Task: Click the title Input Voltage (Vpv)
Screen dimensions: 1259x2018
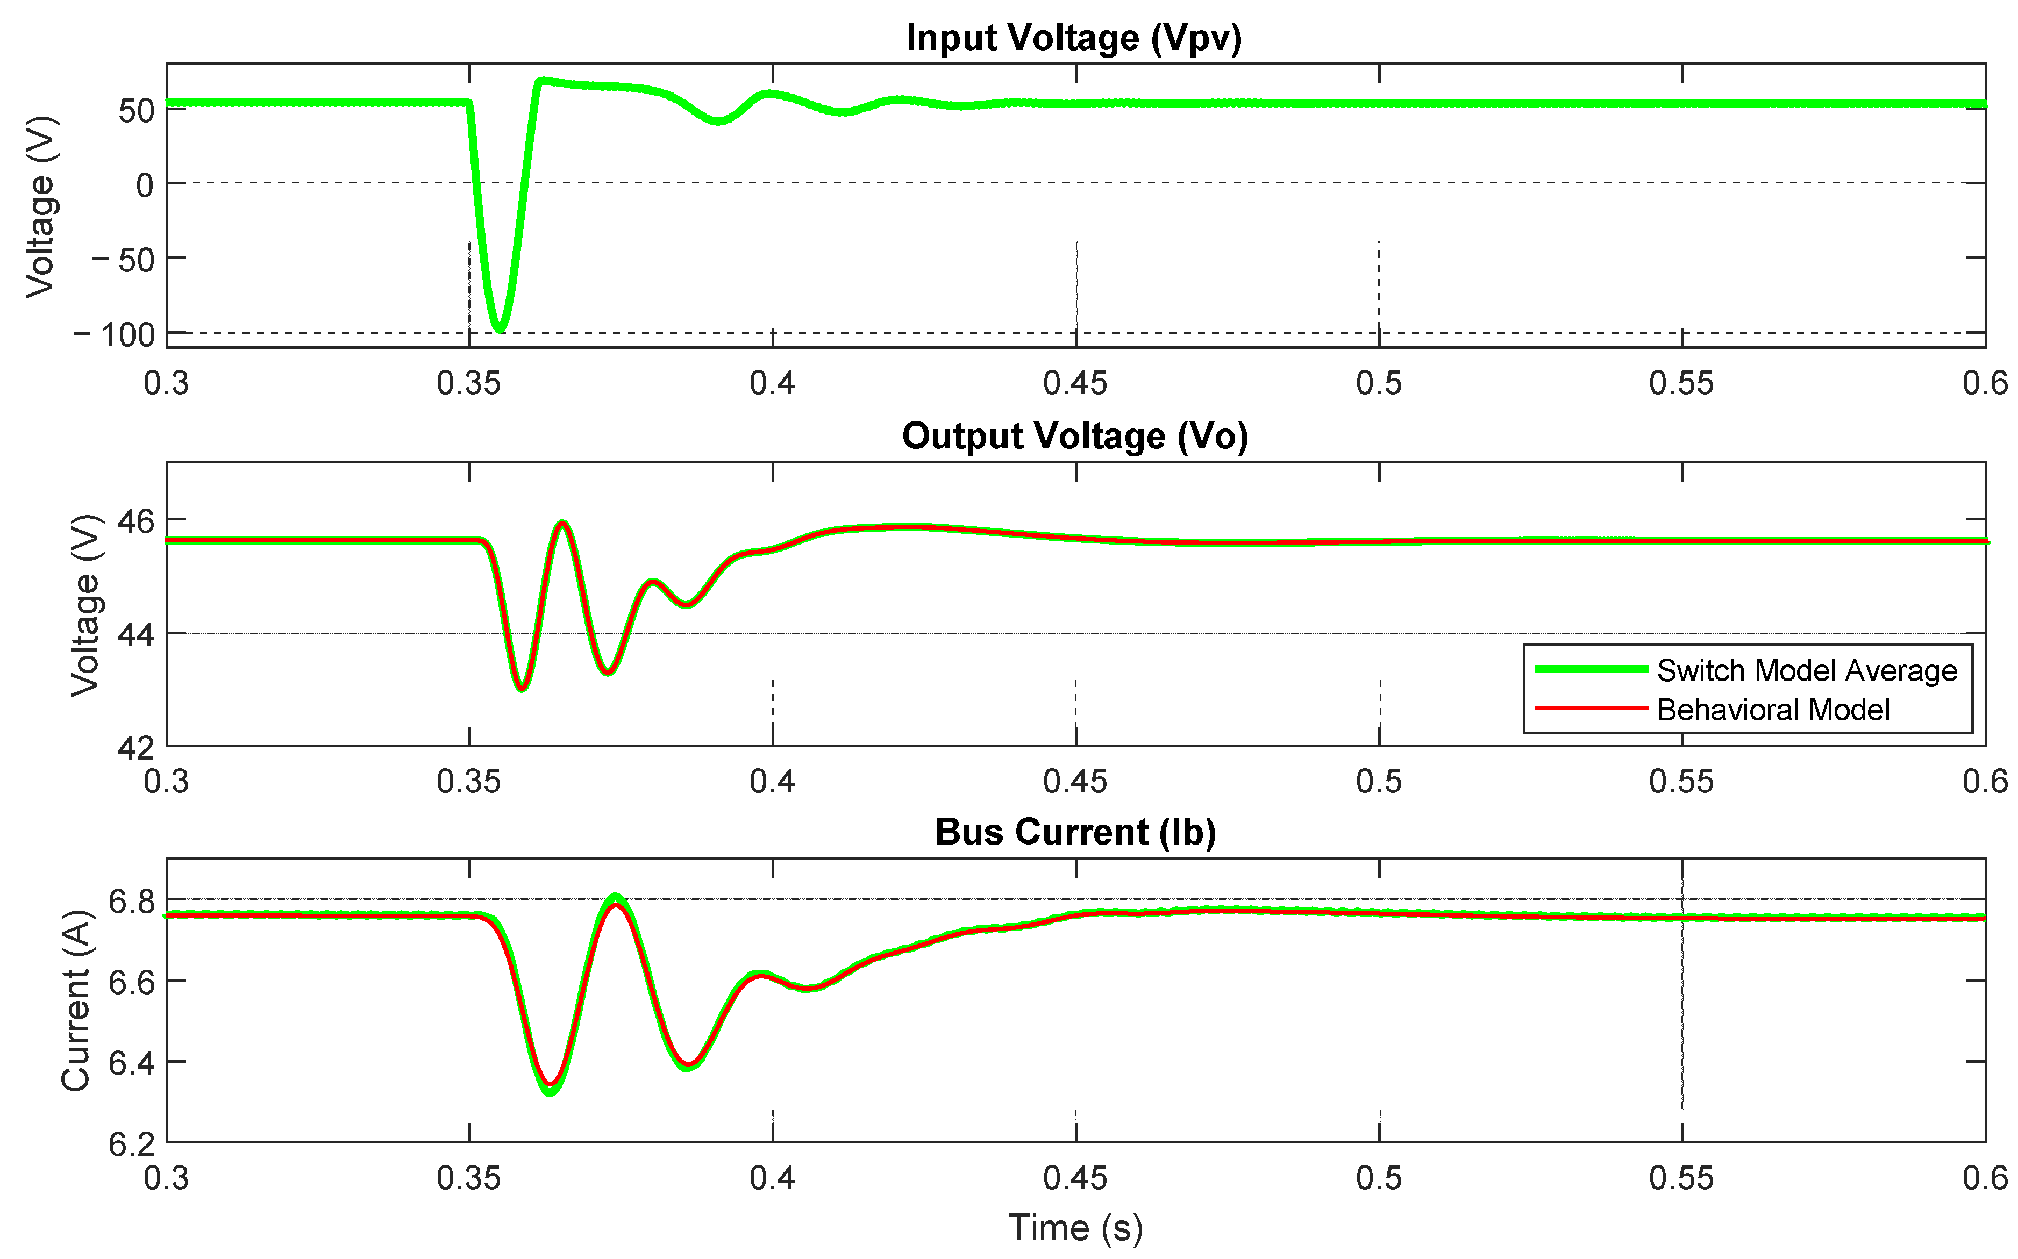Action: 1074,38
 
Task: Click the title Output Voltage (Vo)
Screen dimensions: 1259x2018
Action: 1074,437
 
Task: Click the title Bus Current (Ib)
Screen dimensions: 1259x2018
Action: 1074,832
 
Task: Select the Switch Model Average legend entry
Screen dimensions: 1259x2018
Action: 1806,670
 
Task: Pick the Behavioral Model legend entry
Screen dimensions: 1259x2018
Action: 1772,710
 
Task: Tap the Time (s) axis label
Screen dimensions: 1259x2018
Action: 1074,1227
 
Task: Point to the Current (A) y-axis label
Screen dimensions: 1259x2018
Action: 76,1000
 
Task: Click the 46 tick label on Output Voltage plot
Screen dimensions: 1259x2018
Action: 136,521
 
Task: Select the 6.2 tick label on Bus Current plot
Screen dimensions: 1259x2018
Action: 132,1144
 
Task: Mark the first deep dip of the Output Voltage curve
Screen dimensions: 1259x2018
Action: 522,688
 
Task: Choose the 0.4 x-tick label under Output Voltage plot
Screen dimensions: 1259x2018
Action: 772,781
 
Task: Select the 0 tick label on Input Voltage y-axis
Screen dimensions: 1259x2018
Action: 145,185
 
